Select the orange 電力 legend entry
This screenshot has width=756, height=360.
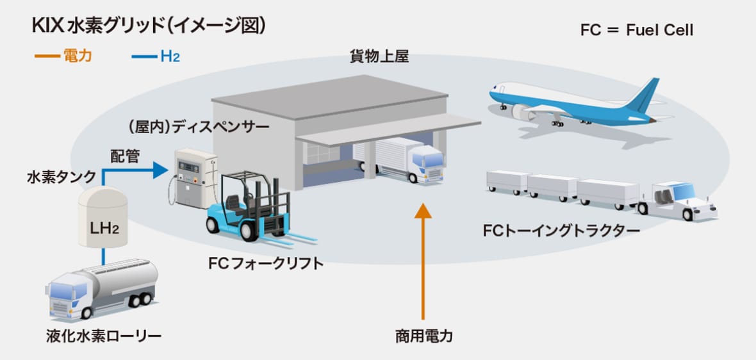[65, 56]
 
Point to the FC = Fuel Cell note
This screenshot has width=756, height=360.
[636, 30]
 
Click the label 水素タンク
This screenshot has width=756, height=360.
[62, 176]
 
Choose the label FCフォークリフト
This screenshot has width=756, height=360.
[265, 263]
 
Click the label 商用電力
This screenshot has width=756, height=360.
[423, 336]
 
